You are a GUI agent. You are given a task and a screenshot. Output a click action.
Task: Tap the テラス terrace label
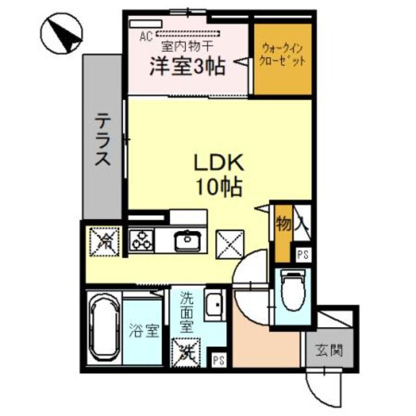[x=102, y=139]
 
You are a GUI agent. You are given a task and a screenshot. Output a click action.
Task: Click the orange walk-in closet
[x=283, y=59]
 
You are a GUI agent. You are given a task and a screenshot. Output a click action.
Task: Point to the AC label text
[x=146, y=37]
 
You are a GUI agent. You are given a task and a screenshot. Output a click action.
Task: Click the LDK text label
[x=219, y=163]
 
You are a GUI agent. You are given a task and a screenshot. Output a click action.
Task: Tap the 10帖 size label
[x=219, y=187]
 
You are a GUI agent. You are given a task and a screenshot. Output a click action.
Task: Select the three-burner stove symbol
[x=141, y=241]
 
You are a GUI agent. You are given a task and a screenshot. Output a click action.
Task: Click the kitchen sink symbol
[x=187, y=241]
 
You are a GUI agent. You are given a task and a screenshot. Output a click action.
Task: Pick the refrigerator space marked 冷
[x=105, y=241]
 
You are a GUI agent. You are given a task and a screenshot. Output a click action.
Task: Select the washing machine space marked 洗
[x=186, y=352]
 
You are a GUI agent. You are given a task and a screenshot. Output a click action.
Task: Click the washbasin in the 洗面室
[x=215, y=305]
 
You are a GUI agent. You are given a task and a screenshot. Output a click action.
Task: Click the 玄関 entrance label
[x=329, y=349]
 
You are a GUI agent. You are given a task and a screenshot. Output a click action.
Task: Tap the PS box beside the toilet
[x=303, y=255]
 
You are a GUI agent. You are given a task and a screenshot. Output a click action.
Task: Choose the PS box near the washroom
[x=219, y=360]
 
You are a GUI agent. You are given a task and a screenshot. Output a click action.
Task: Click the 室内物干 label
[x=188, y=47]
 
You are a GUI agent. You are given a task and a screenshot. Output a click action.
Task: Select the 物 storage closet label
[x=283, y=225]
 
